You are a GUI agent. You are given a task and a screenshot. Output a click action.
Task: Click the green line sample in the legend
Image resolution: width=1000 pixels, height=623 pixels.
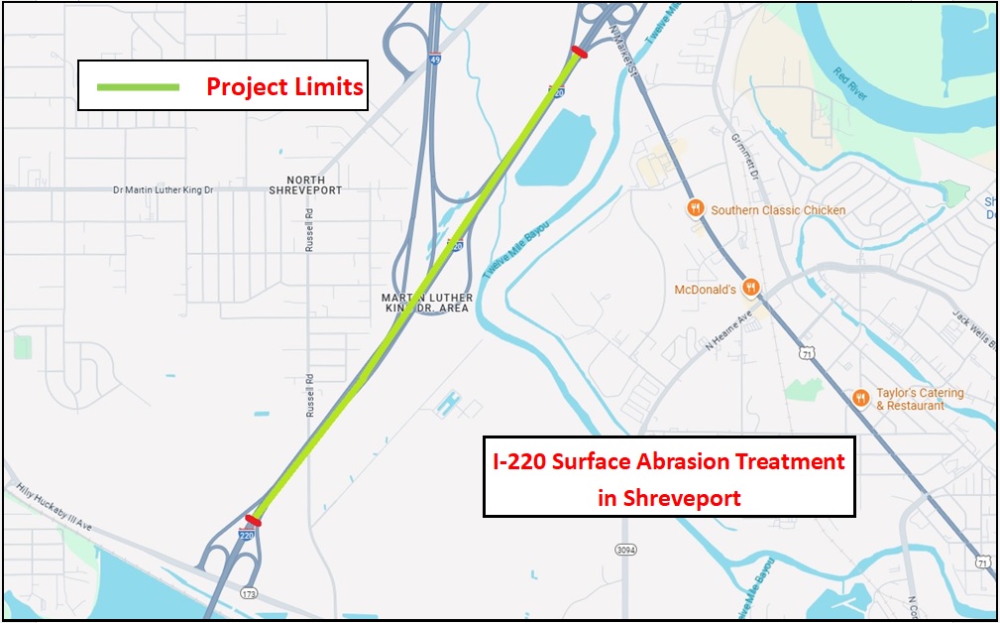pos(138,87)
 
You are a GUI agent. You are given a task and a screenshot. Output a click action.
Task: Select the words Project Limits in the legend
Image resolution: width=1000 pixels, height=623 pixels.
pos(284,87)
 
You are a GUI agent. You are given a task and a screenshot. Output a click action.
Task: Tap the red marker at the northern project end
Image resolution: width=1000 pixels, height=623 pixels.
pos(579,53)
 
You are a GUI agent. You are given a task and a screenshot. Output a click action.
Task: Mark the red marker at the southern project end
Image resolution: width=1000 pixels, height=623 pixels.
pos(254,520)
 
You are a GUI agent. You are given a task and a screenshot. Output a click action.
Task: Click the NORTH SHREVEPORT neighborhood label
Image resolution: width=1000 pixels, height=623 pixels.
pos(305,185)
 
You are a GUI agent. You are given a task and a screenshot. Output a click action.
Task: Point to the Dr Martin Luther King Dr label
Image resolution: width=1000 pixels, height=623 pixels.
pos(164,189)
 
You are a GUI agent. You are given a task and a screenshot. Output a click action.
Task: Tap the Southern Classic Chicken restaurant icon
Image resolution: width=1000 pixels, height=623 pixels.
pos(696,209)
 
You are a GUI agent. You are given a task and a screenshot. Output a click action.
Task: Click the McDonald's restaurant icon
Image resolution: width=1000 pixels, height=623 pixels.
pos(752,289)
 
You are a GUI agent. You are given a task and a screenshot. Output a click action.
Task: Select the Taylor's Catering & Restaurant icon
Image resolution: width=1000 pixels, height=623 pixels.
pos(860,398)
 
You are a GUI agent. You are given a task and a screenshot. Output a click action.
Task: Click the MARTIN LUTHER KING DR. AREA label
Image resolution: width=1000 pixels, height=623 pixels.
pos(427,304)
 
